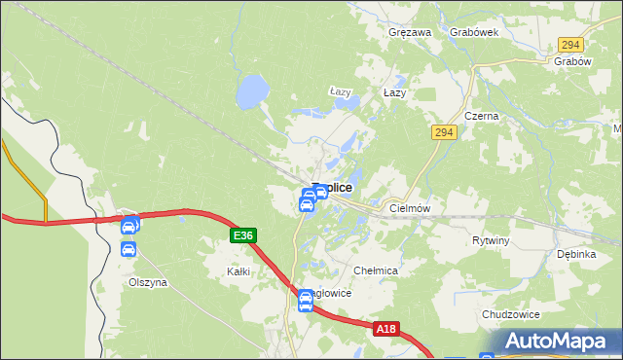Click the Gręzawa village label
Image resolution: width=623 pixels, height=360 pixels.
(409, 32)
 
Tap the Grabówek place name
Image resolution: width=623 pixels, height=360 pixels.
(474, 32)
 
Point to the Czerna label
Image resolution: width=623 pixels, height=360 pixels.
(481, 116)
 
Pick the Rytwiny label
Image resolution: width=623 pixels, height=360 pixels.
(491, 239)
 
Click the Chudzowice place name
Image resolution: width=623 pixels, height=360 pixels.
(510, 315)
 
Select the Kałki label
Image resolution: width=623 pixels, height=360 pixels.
(238, 271)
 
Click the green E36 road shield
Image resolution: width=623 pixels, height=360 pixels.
(243, 235)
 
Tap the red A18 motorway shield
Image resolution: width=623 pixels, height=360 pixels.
(386, 330)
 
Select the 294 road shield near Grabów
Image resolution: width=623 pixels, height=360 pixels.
(570, 45)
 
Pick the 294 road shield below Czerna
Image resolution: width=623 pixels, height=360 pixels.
(445, 132)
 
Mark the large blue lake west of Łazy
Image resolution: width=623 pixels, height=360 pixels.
(251, 93)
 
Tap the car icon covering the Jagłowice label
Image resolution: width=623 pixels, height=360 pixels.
(305, 304)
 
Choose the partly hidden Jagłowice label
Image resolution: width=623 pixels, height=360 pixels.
(329, 293)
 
